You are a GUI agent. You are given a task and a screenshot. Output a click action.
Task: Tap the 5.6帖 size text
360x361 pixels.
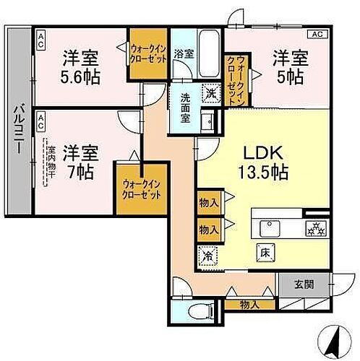pyautogui.click(x=81, y=76)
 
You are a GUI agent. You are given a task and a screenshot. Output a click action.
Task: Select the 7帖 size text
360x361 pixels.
pyautogui.click(x=80, y=171)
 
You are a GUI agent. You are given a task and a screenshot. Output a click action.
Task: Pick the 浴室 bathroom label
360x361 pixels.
pyautogui.click(x=184, y=53)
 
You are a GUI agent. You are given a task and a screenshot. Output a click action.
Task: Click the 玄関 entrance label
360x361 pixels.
pyautogui.click(x=304, y=284)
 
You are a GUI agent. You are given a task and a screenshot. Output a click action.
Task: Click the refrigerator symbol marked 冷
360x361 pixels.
pyautogui.click(x=207, y=254)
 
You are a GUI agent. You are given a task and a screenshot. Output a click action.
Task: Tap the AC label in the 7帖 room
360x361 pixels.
pyautogui.click(x=42, y=116)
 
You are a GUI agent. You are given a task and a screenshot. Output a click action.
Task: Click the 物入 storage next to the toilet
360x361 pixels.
pyautogui.click(x=249, y=305)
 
